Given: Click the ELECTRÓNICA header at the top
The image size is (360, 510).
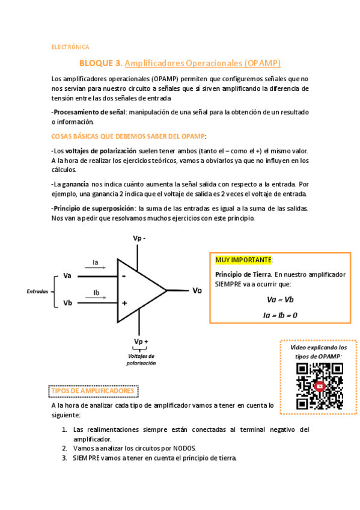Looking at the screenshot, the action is [x=70, y=46].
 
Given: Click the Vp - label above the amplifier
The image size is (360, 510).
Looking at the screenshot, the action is [x=139, y=238].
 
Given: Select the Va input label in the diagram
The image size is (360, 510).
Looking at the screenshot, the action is [x=67, y=276].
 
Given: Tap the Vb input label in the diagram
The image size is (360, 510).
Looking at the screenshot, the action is [x=67, y=303].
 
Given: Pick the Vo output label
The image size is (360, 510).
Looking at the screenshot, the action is [x=197, y=290].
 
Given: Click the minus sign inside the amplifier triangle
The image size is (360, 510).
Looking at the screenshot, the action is [x=124, y=276].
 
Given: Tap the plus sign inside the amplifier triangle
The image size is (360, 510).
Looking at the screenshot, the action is [x=124, y=303].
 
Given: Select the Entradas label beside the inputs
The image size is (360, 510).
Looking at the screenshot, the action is [x=37, y=291].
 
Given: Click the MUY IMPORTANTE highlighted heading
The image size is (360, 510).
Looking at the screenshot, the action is [x=243, y=260].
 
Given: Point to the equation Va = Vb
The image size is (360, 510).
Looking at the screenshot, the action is [x=279, y=300].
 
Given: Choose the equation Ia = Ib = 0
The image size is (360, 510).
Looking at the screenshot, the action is [x=280, y=315].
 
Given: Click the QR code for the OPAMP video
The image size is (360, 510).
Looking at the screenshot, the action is [x=319, y=386].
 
